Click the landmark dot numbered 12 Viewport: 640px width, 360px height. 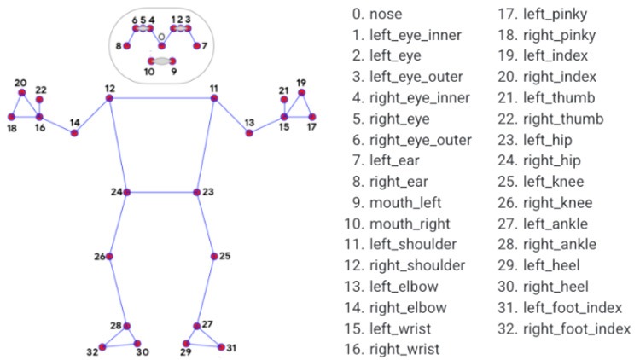109,99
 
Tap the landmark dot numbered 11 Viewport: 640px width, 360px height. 214,99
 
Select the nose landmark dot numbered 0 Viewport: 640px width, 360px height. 162,44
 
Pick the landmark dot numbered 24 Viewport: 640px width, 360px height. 127,193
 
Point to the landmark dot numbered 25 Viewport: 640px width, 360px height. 212,256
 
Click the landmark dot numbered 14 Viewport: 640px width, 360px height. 75,133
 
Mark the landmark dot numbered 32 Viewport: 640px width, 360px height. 102,347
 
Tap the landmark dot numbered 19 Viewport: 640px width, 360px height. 301,92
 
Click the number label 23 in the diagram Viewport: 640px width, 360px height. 208,192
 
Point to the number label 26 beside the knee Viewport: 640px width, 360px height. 99,256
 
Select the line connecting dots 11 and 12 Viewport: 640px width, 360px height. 162,99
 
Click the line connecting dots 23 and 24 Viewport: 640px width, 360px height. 162,193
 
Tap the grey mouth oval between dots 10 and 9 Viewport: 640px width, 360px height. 162,61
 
